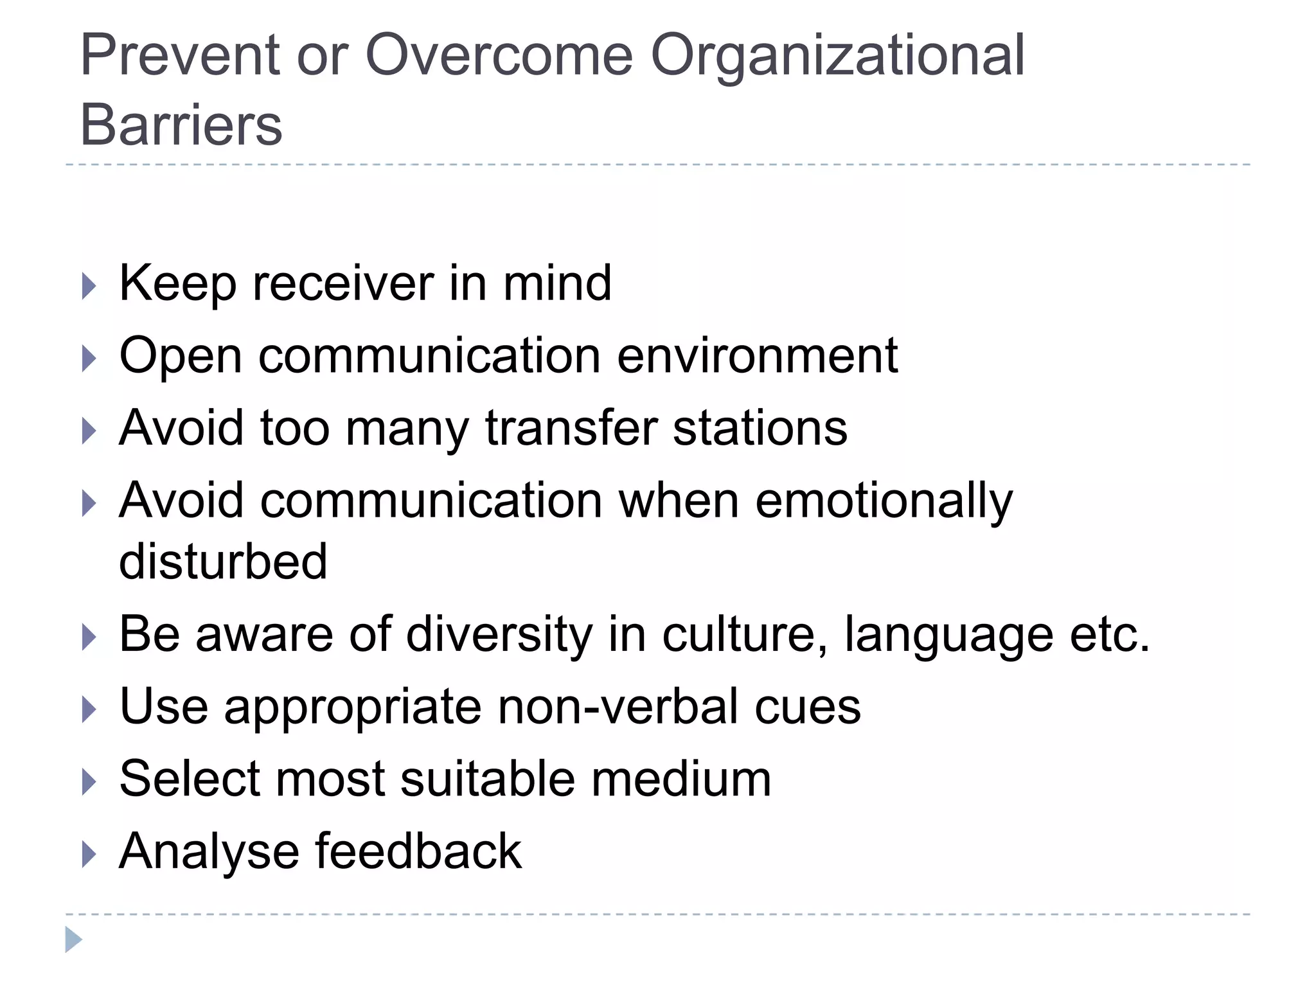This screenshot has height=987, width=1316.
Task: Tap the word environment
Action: point(757,355)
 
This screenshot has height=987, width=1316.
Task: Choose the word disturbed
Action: point(223,561)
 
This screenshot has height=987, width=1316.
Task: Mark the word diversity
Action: point(499,634)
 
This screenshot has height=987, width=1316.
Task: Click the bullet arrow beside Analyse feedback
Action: point(89,855)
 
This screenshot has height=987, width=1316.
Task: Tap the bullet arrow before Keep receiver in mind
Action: point(89,287)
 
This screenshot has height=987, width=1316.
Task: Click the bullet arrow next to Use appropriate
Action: point(89,710)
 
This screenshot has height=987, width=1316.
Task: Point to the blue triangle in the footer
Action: point(73,939)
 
